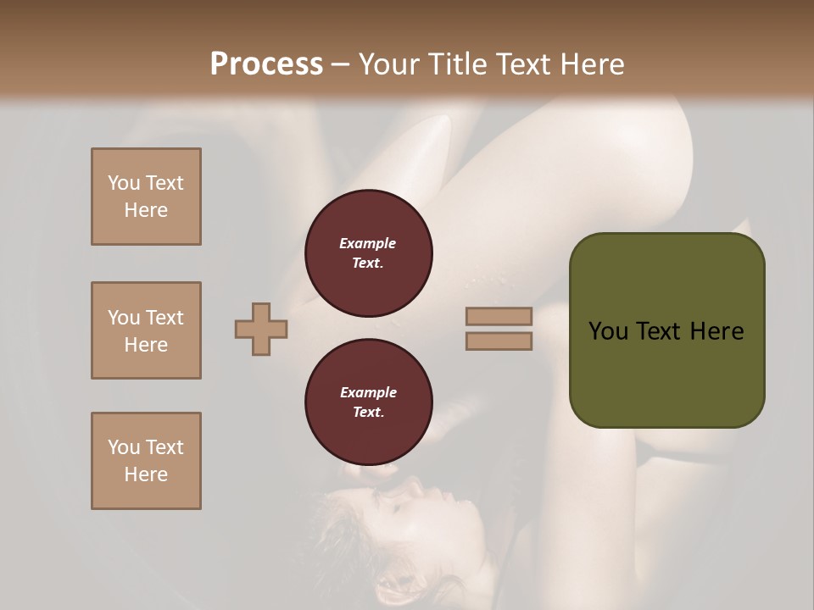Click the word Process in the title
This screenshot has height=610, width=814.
[266, 64]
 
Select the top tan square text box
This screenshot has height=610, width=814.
[146, 197]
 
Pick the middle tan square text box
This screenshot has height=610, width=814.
[146, 330]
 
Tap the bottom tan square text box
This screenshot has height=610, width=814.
[146, 461]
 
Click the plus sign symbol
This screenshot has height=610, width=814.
[261, 329]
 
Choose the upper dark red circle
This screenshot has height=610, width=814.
[369, 253]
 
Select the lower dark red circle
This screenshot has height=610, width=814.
[369, 402]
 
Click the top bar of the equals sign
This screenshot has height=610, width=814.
[499, 316]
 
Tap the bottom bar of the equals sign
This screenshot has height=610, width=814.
[499, 341]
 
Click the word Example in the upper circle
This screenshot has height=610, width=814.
[367, 243]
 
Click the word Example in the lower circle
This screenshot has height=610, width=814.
[368, 392]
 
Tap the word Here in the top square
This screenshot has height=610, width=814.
[146, 210]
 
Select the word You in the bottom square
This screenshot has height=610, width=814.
[123, 446]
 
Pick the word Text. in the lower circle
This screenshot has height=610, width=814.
[368, 413]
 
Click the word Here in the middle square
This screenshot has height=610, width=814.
[146, 345]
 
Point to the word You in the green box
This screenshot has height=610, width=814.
[608, 330]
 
